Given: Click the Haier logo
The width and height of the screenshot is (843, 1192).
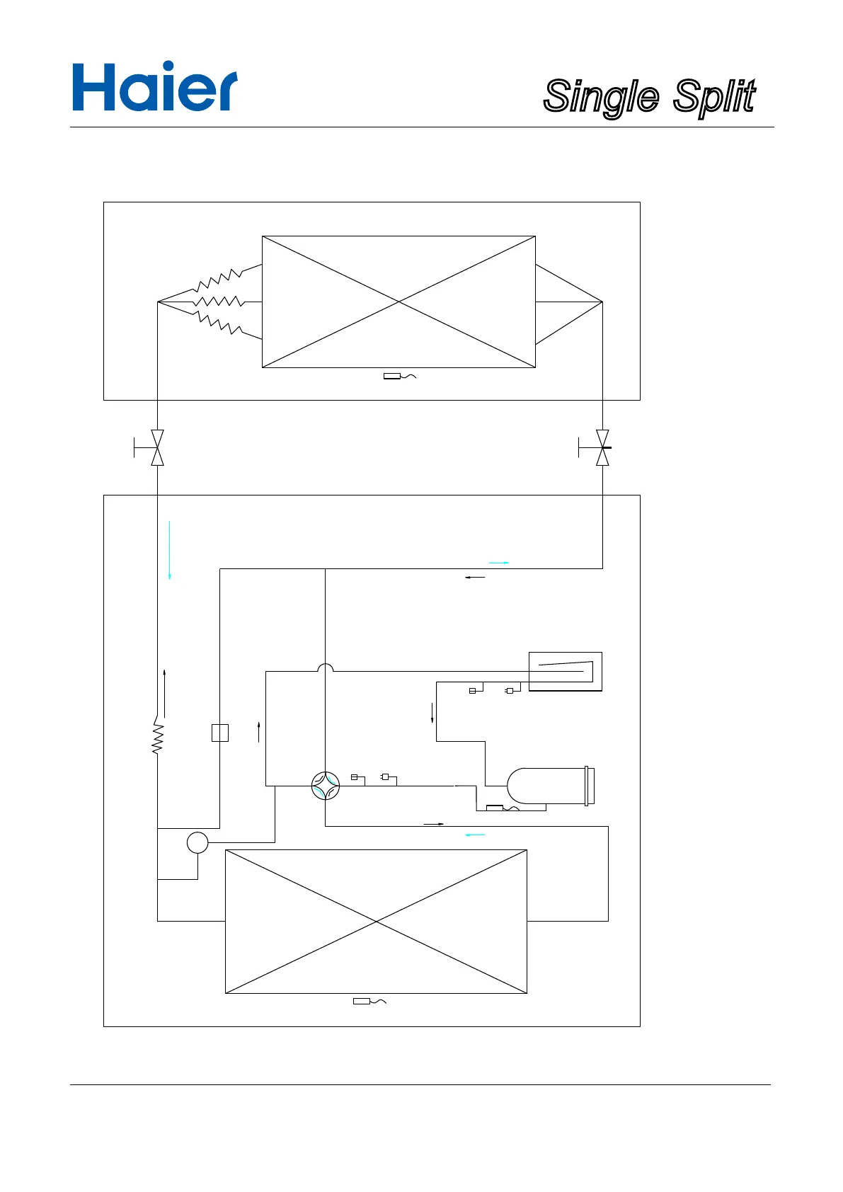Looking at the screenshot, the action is coord(154,87).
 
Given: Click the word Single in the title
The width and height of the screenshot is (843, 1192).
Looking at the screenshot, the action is coord(601,97).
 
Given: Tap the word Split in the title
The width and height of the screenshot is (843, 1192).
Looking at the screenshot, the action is coord(714,96).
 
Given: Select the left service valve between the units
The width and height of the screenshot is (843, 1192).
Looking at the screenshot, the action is coord(157,447).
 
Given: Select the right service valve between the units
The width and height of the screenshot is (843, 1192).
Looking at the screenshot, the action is coord(602,447).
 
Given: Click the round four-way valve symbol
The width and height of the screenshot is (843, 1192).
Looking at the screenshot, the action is coord(326,786).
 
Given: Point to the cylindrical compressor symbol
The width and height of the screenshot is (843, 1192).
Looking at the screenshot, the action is coord(551,786).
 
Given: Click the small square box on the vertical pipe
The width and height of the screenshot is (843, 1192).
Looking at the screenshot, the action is coord(220,733).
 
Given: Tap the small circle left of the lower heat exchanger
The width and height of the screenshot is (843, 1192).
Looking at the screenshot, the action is coord(197,842).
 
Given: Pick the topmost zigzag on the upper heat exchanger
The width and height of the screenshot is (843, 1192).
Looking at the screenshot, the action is coord(219,280).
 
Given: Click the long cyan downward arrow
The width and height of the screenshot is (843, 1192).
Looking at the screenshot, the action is coord(170,551).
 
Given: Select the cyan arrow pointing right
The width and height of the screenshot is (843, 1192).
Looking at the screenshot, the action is coord(499,563).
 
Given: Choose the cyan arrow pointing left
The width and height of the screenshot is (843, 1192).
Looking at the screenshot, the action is coord(475,835).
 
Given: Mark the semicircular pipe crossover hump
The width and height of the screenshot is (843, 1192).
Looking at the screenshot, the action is coord(326,667).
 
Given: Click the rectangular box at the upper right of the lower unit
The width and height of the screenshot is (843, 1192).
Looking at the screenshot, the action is coord(566,671).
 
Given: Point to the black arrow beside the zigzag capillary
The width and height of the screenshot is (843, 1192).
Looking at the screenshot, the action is coord(164,692).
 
